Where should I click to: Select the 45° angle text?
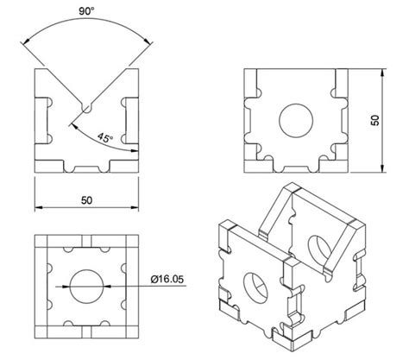click(x=105, y=137)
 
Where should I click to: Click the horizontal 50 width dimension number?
click(x=86, y=199)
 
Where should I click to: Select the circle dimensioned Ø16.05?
click(x=86, y=284)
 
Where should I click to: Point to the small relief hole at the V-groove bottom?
click(x=86, y=109)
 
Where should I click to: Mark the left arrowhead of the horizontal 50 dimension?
click(x=39, y=208)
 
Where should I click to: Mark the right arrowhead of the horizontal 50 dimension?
click(x=134, y=208)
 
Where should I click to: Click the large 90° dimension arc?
click(x=86, y=24)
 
